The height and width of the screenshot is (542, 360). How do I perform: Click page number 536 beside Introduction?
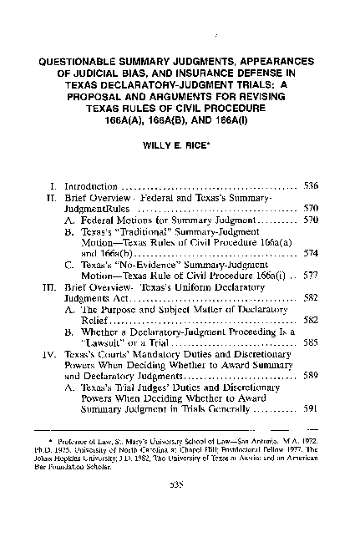point(309,185)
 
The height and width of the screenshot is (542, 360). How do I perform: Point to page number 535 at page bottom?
point(180,511)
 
